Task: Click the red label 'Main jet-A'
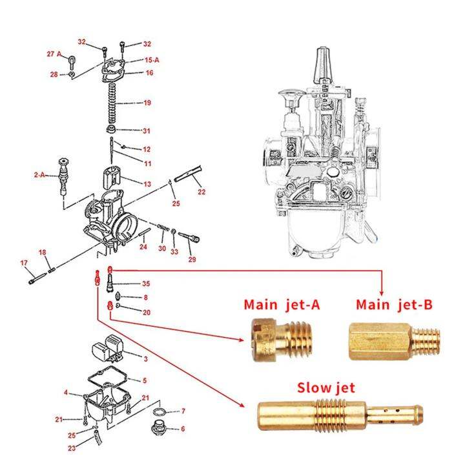click(282, 305)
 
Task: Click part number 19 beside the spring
click(147, 103)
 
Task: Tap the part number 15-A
click(152, 59)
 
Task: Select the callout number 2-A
click(40, 174)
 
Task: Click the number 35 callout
click(146, 284)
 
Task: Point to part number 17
click(24, 263)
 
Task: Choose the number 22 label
click(201, 192)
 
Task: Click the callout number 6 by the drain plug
click(183, 428)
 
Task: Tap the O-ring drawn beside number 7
click(161, 411)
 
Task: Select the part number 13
click(147, 184)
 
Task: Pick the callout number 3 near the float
click(146, 358)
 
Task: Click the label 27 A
click(54, 53)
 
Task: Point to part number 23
click(72, 448)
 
